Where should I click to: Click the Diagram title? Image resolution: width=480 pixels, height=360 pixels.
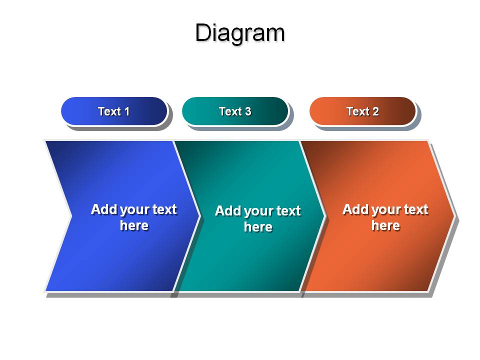(x=240, y=33)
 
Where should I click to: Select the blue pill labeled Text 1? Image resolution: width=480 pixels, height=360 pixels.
(x=114, y=111)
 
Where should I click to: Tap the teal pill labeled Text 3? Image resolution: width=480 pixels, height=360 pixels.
(x=235, y=111)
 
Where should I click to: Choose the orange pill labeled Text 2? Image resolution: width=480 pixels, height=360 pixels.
(x=363, y=111)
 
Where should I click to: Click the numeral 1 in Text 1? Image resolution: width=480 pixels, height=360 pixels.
(x=126, y=111)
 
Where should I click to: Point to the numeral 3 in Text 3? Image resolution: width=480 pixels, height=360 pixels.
(x=248, y=111)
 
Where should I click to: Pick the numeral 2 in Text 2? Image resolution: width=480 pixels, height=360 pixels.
(x=375, y=111)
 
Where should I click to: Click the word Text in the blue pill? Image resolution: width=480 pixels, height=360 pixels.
(x=109, y=111)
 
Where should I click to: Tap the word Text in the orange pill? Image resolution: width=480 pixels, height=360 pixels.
(x=358, y=111)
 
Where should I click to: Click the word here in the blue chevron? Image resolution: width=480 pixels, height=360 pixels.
(x=134, y=225)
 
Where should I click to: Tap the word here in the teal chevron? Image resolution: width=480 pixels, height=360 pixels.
(x=258, y=227)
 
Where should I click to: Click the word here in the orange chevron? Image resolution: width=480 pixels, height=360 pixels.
(x=385, y=225)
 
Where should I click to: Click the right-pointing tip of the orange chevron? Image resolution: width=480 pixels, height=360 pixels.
(x=455, y=216)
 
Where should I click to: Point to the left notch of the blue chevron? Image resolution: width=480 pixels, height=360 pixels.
(x=71, y=216)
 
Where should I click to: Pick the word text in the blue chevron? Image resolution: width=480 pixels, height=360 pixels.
(x=165, y=209)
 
